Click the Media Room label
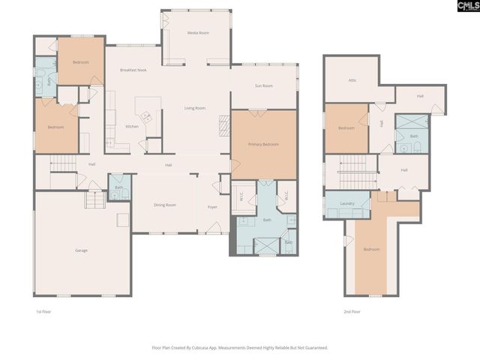coord(198,33)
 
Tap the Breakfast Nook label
coord(132,70)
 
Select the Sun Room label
coord(263,86)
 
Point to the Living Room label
coord(195,108)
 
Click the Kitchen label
coord(132,126)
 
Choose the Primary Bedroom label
coord(263,144)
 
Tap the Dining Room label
coord(165,205)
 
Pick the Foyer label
coord(213,206)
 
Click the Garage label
coord(81,250)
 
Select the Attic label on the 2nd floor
coord(352,80)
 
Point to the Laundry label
coord(346,203)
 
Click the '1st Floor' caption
coord(43,311)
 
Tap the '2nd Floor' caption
coord(352,311)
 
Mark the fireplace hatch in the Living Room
coord(223,124)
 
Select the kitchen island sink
coord(148,117)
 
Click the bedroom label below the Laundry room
coord(372,249)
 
